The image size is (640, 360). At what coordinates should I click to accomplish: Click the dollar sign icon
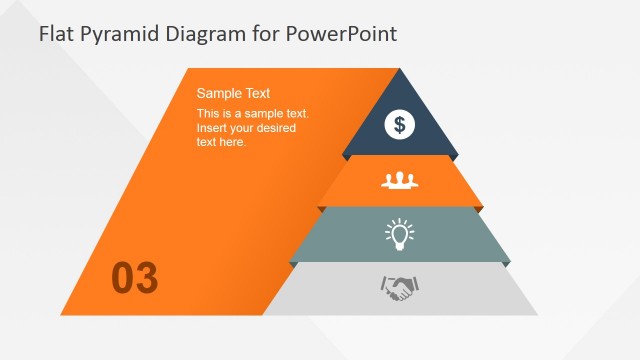point(400,125)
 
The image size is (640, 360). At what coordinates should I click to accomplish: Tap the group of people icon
point(399,181)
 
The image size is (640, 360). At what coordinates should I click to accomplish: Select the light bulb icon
point(400,235)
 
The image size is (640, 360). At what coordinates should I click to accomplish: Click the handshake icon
point(400,289)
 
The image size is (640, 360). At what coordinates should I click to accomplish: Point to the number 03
point(134,278)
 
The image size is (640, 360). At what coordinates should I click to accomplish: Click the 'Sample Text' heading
point(233,93)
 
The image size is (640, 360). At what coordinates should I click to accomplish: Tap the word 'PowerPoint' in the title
point(341,34)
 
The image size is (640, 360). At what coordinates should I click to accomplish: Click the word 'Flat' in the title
point(56,34)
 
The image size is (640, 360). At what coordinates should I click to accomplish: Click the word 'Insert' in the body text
point(213,128)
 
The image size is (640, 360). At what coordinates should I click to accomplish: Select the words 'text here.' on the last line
point(221,142)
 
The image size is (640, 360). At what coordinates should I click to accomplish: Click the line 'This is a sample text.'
point(253,114)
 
